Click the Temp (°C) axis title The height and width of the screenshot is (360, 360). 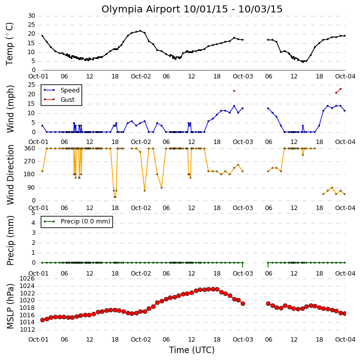pos(9,44)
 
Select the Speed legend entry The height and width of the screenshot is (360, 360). pos(62,90)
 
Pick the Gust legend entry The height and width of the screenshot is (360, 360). pos(59,100)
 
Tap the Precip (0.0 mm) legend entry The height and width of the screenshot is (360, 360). pos(77,221)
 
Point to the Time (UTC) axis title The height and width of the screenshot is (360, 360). pos(192,350)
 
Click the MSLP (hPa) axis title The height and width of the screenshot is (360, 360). pos(10,306)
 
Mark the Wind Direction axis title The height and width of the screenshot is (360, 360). pos(10,174)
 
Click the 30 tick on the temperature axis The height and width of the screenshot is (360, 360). pos(31,16)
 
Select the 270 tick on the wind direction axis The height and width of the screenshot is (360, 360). pos(30,161)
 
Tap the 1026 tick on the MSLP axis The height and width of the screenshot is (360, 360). pos(27,279)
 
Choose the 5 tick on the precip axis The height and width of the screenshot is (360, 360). pos(33,213)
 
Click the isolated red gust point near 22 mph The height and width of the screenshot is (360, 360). pos(234,91)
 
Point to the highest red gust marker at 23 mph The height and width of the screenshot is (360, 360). pos(341,89)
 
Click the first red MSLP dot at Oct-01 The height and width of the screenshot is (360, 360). pos(43,320)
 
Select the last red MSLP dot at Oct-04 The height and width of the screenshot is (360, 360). pos(345,313)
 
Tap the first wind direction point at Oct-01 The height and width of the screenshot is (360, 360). pos(42,171)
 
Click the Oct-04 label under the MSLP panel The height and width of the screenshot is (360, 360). pos(345,340)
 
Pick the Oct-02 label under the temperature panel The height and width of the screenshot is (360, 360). pos(141,76)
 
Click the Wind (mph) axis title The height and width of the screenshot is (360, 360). pos(10,109)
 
